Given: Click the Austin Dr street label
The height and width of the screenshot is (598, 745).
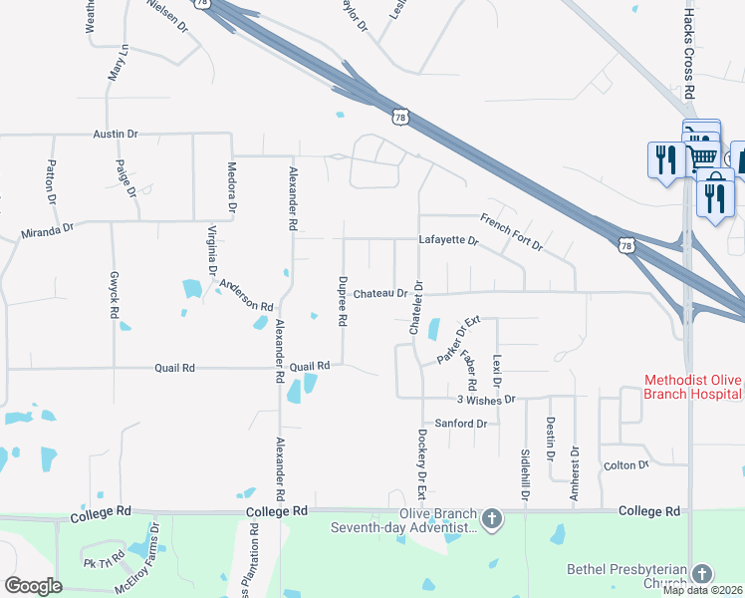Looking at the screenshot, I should pyautogui.click(x=116, y=133).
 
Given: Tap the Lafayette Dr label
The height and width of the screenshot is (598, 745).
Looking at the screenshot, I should pyautogui.click(x=448, y=240).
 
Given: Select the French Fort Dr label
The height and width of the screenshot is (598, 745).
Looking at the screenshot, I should pyautogui.click(x=509, y=229).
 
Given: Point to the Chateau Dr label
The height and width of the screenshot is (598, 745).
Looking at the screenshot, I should pyautogui.click(x=379, y=294).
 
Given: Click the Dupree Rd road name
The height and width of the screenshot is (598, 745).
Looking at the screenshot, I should pyautogui.click(x=342, y=302).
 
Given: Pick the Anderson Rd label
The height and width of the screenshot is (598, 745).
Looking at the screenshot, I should pyautogui.click(x=246, y=295).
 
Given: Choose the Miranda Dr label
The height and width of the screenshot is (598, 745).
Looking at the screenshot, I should pyautogui.click(x=48, y=231).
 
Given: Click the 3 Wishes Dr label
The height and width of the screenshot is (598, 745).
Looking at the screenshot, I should pyautogui.click(x=485, y=399).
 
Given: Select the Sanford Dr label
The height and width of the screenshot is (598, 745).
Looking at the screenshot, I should pyautogui.click(x=466, y=424).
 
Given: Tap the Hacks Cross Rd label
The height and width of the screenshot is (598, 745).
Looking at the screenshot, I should pyautogui.click(x=688, y=48).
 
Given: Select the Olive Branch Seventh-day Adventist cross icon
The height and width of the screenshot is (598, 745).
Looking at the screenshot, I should pyautogui.click(x=491, y=518).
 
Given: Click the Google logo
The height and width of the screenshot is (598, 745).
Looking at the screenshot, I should pyautogui.click(x=33, y=585).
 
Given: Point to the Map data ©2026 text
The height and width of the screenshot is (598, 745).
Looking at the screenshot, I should pyautogui.click(x=702, y=590).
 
